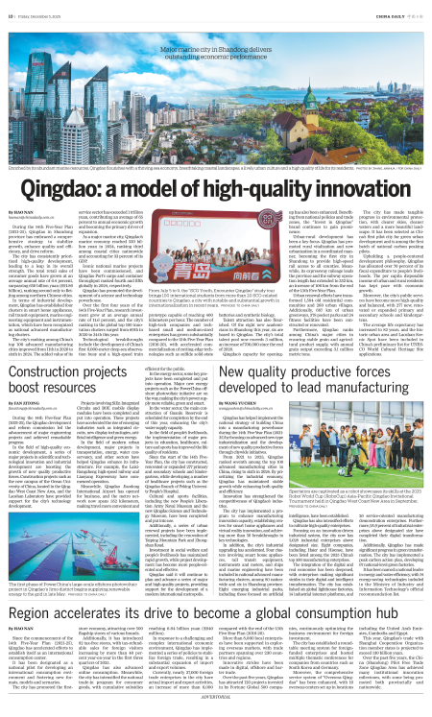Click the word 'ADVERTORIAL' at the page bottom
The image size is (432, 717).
tap(216, 712)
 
